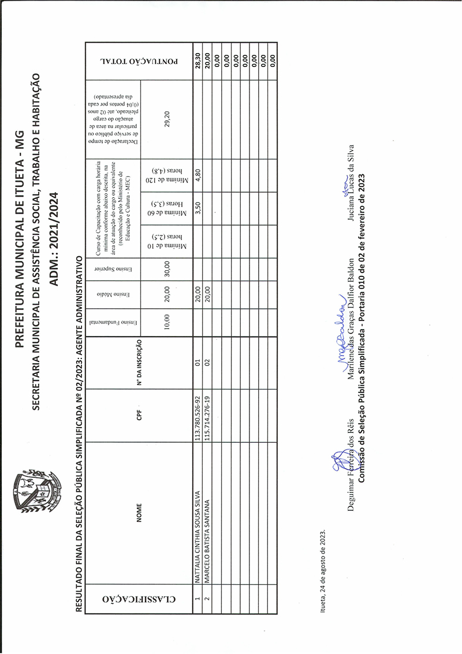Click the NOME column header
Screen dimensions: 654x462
pos(139,514)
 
